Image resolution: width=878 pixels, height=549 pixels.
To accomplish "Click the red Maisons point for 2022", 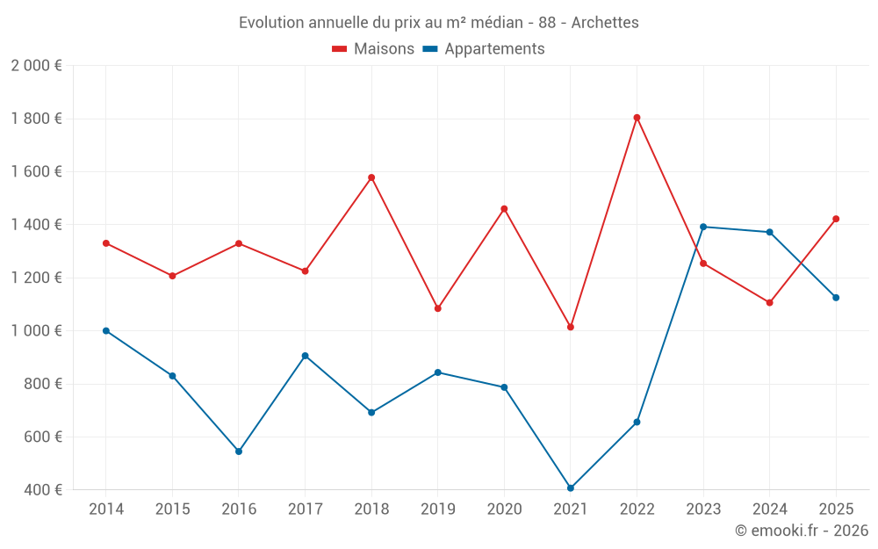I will coord(637,118).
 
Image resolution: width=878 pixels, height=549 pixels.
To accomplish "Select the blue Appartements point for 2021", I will coord(571,488).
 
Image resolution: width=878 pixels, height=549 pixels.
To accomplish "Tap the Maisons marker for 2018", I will coord(371,177).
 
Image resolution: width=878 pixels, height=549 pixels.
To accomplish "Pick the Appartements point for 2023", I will coord(703,227).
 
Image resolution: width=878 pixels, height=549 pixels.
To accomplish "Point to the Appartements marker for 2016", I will coord(239,451).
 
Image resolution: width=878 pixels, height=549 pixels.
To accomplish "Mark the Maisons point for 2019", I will coord(437,308).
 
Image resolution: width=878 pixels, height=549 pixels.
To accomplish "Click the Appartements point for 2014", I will coord(106,331).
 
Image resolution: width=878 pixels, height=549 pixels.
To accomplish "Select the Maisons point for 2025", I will coord(836,219).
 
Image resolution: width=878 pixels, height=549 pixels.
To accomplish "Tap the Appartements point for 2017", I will coord(305,356).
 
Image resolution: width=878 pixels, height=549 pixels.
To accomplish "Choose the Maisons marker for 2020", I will coord(504,209).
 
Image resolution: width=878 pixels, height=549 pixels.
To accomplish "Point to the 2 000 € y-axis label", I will coord(36,66).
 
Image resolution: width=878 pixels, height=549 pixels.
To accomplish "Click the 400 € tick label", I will coord(43,490).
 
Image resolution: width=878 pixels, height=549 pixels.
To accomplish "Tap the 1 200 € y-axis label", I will coord(36,278).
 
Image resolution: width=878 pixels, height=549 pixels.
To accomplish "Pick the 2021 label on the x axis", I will coord(571,509).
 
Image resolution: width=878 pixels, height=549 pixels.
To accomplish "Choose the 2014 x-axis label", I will coord(106,509).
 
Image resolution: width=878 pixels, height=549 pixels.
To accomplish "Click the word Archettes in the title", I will coord(605,22).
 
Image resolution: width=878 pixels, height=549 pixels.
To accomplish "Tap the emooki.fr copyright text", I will coord(802,531).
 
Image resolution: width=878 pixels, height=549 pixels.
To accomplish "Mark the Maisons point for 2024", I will coord(769,302).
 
